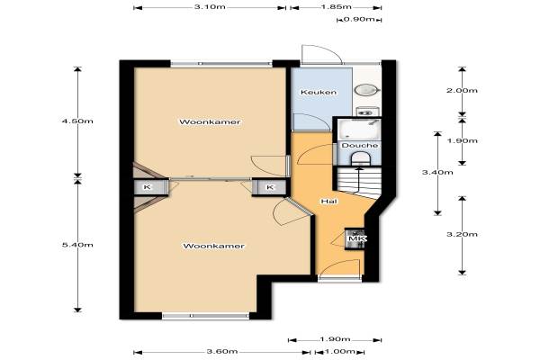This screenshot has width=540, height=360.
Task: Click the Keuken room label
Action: point(319,92)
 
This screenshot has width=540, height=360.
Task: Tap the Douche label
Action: point(359,146)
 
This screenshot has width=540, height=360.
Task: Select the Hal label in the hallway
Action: point(328,202)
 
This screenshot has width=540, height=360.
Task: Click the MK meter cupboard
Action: point(355,238)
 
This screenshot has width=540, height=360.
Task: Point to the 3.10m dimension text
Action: point(210,7)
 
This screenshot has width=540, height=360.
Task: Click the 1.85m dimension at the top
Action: point(336,7)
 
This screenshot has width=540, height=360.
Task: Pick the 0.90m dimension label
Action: point(359,19)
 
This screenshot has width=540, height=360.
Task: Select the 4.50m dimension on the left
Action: point(77,121)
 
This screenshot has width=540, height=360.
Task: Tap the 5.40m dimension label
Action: point(77,245)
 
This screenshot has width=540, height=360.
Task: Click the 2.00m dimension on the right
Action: point(462,91)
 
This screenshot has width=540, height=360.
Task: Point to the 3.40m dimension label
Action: point(437,172)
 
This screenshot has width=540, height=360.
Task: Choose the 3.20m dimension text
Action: point(462,234)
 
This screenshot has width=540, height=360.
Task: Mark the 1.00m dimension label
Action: point(339,351)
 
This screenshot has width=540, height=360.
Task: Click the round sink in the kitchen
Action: point(367,90)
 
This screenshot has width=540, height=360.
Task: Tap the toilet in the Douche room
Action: point(360,158)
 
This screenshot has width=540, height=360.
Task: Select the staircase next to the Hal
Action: point(359,183)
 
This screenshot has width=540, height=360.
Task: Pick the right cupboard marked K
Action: point(269,187)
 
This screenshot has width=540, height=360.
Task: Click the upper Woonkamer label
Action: point(210,122)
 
